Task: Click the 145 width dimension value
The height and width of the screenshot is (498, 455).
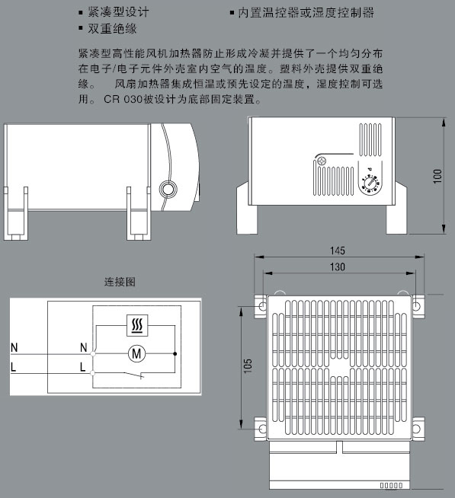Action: click(x=338, y=251)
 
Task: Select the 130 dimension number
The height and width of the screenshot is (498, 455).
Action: click(x=338, y=267)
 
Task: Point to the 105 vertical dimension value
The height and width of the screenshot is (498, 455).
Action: click(x=248, y=366)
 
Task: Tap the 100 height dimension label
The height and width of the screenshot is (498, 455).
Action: click(x=437, y=176)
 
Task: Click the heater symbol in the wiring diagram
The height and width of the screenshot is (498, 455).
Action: click(x=137, y=325)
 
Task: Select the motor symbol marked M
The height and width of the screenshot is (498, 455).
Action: click(x=136, y=353)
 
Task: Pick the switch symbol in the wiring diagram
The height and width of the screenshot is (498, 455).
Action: click(x=133, y=375)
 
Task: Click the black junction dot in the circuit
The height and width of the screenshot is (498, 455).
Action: click(x=175, y=353)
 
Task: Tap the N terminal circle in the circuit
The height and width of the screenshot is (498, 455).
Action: click(x=93, y=353)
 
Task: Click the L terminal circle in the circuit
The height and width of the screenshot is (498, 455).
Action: click(x=93, y=373)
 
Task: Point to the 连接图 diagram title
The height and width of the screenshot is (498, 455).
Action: click(x=120, y=282)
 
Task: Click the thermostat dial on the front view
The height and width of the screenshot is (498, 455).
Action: click(x=370, y=184)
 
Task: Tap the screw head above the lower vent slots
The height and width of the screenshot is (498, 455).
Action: click(x=321, y=161)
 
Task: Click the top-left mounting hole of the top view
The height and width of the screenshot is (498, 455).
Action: click(x=263, y=306)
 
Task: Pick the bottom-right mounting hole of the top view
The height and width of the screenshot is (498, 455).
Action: click(x=416, y=429)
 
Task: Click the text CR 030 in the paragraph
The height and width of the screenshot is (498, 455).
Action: click(x=123, y=100)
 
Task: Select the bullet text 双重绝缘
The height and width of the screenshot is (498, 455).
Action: click(x=113, y=29)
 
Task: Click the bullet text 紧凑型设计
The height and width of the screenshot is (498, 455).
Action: click(x=118, y=12)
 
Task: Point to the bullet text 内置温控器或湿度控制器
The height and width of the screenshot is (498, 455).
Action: click(x=306, y=12)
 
